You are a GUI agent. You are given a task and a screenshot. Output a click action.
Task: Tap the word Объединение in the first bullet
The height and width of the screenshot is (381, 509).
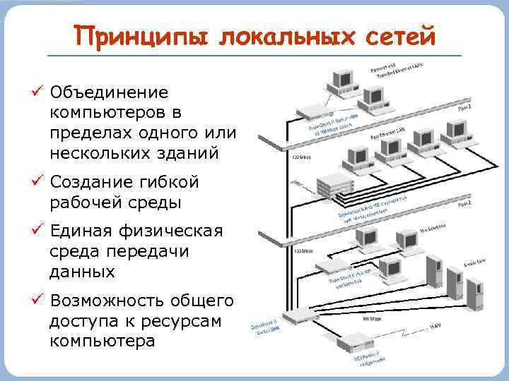109,92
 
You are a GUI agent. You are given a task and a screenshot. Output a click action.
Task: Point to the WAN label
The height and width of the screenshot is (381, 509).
436,327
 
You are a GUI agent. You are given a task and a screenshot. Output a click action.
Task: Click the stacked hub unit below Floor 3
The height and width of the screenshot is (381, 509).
334,185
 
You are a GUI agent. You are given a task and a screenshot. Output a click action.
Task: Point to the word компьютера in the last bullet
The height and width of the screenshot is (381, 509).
102,341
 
